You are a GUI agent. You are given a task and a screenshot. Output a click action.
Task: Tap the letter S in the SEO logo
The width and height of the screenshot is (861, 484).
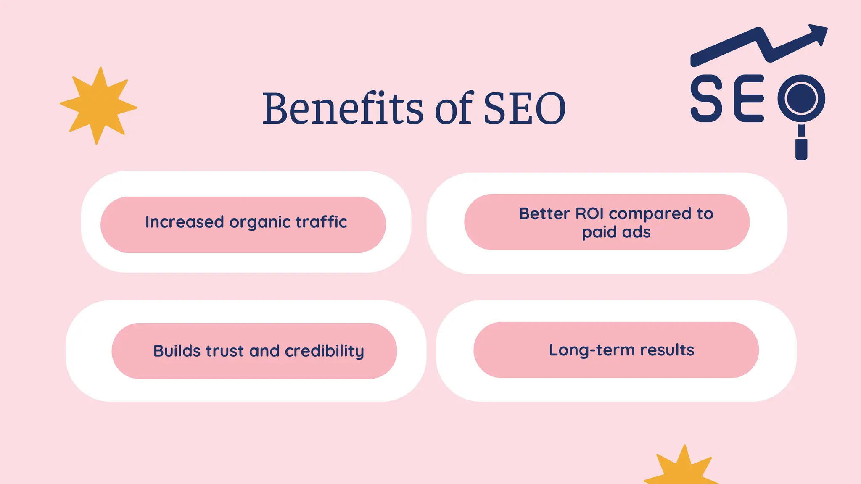[x=706, y=99]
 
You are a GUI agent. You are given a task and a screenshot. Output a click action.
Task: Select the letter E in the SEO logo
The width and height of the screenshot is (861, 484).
[x=749, y=99]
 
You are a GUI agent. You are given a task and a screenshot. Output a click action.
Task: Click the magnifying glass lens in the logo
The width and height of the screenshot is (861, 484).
[x=801, y=98]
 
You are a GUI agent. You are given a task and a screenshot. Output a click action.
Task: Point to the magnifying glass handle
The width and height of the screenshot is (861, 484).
[x=801, y=145]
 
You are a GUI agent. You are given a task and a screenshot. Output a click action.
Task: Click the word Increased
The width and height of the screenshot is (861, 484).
[x=184, y=222]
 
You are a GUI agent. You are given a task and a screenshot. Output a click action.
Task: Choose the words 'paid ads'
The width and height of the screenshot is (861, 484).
[x=616, y=232]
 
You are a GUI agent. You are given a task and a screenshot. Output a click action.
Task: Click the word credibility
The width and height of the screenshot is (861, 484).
[x=324, y=351]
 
